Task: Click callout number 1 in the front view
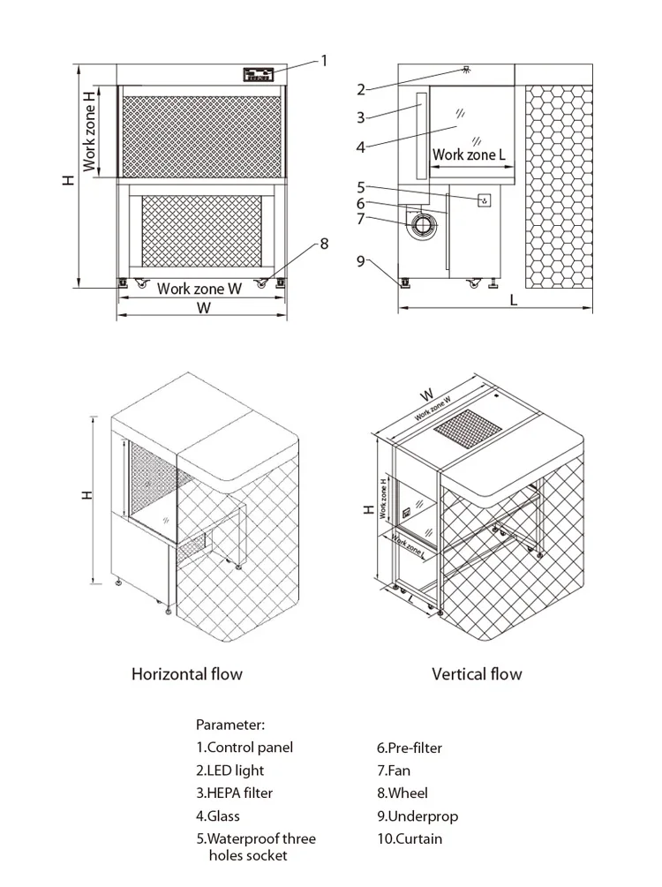click(324, 61)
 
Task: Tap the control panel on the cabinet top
click(259, 75)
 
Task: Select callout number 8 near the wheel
click(324, 244)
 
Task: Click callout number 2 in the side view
click(361, 88)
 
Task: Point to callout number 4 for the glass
click(361, 147)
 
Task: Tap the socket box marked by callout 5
click(484, 201)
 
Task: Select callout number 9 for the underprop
click(361, 260)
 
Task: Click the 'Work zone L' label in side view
click(469, 154)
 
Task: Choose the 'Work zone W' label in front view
click(199, 289)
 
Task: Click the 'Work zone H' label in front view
click(90, 132)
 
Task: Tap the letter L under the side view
click(514, 300)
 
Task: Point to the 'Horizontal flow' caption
click(186, 674)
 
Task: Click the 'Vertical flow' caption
click(477, 674)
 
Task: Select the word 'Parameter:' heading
click(229, 725)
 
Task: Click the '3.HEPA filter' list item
click(234, 793)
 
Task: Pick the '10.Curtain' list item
click(410, 838)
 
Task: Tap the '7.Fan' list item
click(394, 770)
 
